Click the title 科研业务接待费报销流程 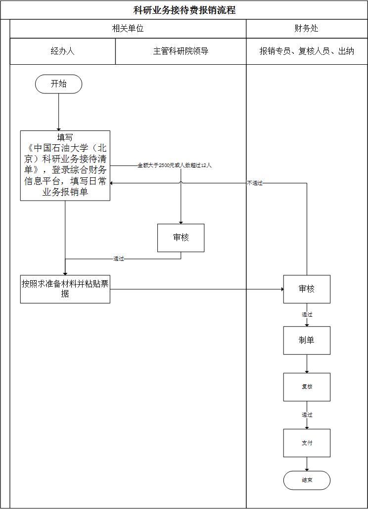(x=184, y=10)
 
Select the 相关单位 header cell (x=128, y=29)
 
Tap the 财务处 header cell (x=306, y=29)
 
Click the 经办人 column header (x=62, y=51)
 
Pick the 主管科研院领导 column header (x=181, y=51)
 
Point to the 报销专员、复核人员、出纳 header (x=306, y=51)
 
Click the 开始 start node (x=58, y=84)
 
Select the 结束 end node (x=306, y=480)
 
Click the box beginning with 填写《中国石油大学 (x=65, y=166)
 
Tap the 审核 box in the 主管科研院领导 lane (x=181, y=238)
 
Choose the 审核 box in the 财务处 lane (x=306, y=289)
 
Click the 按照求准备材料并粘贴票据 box (x=65, y=289)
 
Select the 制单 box (x=306, y=340)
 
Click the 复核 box (x=306, y=387)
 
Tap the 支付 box (x=306, y=443)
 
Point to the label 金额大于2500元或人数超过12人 (x=174, y=165)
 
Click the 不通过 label (x=255, y=183)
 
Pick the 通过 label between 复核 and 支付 (x=307, y=415)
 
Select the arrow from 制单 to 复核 (x=307, y=364)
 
